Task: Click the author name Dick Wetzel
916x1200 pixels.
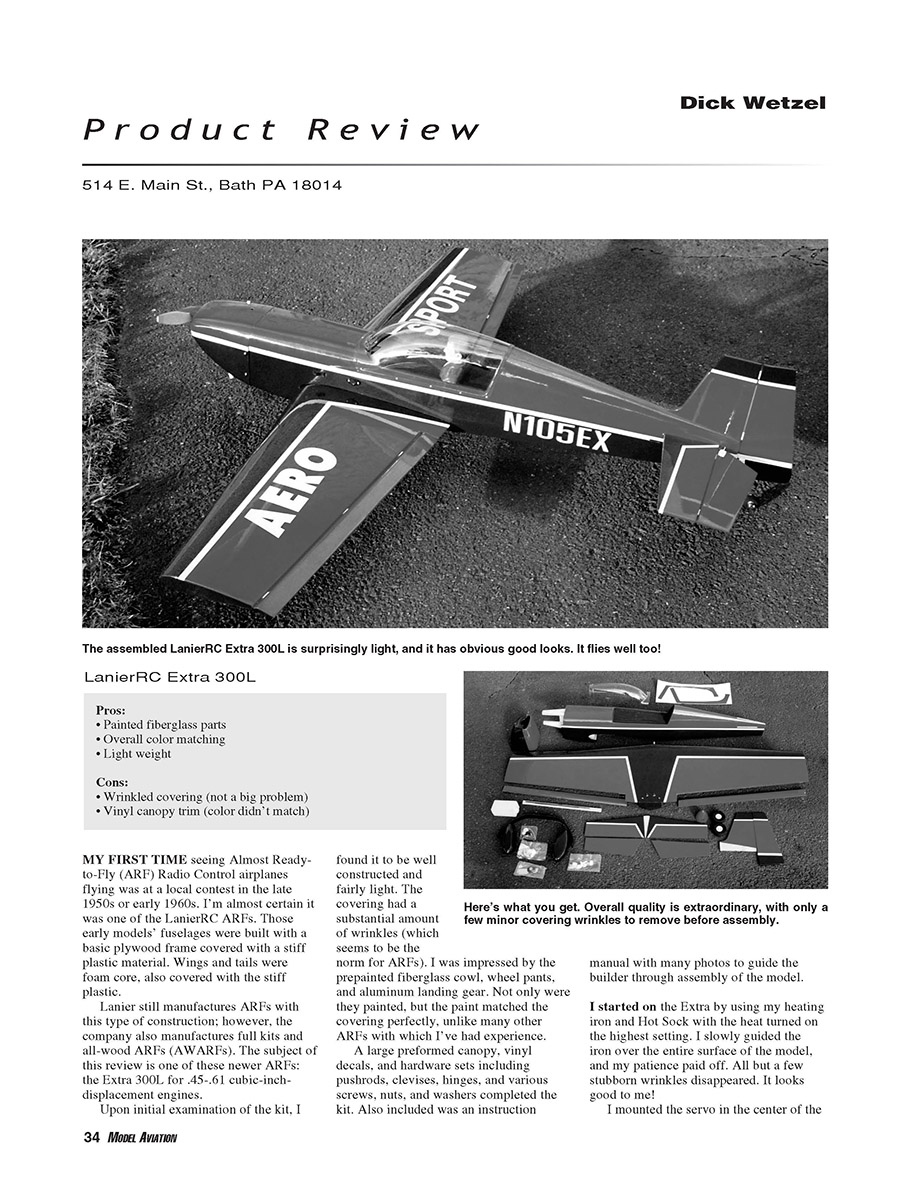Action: pos(752,102)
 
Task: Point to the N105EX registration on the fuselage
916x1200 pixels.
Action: pos(556,432)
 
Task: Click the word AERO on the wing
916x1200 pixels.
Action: pos(291,491)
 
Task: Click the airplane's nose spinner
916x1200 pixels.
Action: pos(173,317)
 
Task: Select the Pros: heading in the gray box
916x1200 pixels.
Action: pos(111,710)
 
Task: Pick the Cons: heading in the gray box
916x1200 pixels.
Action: pos(112,782)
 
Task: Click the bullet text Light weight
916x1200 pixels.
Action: pos(137,754)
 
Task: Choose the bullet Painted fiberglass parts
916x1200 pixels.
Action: pos(164,725)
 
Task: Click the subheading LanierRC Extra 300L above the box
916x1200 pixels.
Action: pos(171,678)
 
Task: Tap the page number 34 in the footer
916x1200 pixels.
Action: pos(91,1137)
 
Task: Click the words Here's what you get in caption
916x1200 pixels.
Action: pos(514,907)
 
